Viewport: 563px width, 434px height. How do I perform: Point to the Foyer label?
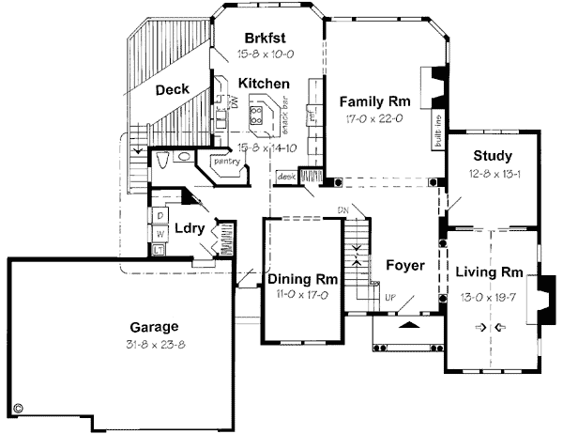(404, 265)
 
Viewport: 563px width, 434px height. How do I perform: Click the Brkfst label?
(264, 39)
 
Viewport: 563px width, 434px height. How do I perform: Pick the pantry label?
(227, 161)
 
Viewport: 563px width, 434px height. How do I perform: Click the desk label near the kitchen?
(286, 176)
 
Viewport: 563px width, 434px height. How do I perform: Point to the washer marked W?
(160, 232)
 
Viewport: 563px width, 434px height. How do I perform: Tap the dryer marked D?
(160, 215)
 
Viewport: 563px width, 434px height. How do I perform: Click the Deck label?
(173, 89)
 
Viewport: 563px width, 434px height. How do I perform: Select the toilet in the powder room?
(164, 161)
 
